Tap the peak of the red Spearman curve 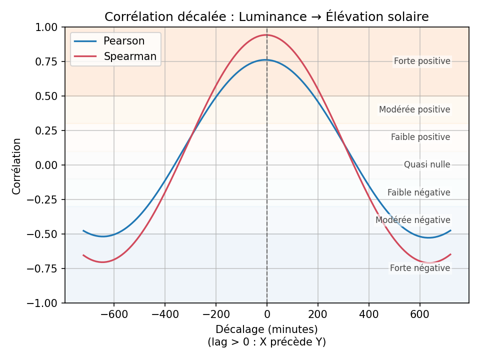(265, 35)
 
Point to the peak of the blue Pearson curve (265, 60)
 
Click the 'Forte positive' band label (422, 61)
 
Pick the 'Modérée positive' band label (414, 109)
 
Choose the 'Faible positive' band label (420, 137)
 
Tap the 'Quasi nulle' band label (427, 164)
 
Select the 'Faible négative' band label (419, 192)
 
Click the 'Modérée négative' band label (413, 220)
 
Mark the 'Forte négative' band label (420, 268)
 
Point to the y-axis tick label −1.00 (45, 303)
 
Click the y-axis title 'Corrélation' (17, 166)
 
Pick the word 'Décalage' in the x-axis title (236, 329)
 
